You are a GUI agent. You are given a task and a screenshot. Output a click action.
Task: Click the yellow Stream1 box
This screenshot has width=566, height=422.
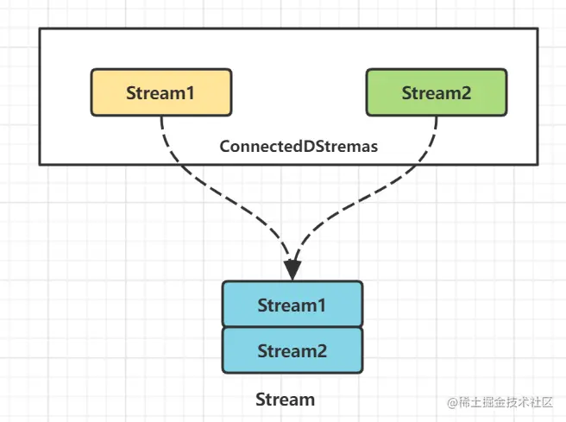[x=160, y=92]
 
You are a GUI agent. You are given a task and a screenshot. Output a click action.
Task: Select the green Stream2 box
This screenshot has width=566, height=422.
[x=437, y=92]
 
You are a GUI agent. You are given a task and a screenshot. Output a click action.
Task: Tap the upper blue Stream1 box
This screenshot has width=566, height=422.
[x=292, y=305]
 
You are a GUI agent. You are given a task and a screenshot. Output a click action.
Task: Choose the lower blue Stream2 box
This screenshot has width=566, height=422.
[x=292, y=350]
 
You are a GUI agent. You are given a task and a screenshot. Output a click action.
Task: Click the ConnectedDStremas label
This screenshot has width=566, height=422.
[x=299, y=147]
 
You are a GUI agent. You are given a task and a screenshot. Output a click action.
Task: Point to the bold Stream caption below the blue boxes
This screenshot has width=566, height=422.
[x=285, y=400]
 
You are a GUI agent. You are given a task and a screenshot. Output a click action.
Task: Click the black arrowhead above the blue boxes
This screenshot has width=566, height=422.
[x=292, y=268]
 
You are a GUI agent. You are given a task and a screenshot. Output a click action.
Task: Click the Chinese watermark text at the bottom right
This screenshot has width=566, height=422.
[x=509, y=403]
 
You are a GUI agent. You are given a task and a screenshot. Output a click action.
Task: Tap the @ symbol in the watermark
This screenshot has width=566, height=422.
[x=451, y=403]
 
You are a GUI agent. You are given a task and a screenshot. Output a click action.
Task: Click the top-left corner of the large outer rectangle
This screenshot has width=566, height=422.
[x=40, y=28]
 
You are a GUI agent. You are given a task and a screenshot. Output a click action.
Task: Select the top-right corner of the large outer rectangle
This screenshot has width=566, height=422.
[x=538, y=28]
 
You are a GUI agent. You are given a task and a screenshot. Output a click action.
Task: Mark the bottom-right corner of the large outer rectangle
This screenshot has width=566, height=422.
[x=538, y=164]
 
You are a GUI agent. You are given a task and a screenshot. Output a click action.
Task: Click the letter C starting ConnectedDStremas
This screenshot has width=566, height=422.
[x=224, y=147]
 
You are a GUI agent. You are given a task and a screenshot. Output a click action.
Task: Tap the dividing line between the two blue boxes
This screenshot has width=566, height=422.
[x=292, y=327]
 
